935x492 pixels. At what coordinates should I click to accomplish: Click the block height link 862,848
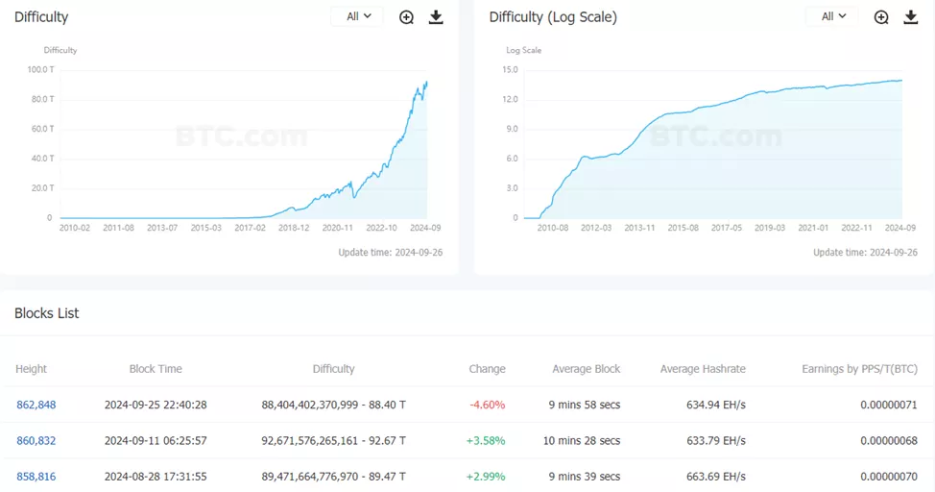pyautogui.click(x=36, y=405)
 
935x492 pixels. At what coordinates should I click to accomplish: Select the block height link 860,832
pyautogui.click(x=36, y=440)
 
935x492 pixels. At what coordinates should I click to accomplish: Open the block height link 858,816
pyautogui.click(x=36, y=476)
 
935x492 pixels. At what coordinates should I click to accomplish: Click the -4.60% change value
pyautogui.click(x=488, y=405)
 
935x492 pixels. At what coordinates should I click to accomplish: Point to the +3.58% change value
pyautogui.click(x=487, y=440)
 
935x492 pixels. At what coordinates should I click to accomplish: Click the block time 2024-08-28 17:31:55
pyautogui.click(x=156, y=476)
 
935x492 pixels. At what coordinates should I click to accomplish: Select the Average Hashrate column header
pyautogui.click(x=703, y=369)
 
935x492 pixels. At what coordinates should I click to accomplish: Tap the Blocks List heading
pyautogui.click(x=47, y=313)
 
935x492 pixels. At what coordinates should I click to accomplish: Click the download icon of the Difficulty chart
pyautogui.click(x=436, y=17)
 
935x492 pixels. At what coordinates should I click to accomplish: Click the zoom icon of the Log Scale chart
pyautogui.click(x=881, y=17)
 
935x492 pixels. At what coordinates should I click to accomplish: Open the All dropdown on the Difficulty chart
pyautogui.click(x=357, y=16)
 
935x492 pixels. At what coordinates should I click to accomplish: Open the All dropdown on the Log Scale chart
pyautogui.click(x=832, y=16)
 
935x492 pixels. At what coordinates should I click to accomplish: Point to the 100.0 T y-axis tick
pyautogui.click(x=40, y=69)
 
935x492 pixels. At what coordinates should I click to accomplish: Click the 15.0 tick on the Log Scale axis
pyautogui.click(x=510, y=69)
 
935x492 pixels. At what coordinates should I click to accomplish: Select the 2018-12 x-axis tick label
pyautogui.click(x=294, y=228)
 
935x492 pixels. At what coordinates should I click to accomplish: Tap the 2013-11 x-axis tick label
pyautogui.click(x=639, y=228)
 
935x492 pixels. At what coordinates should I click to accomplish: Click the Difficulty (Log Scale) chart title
pyautogui.click(x=553, y=17)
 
